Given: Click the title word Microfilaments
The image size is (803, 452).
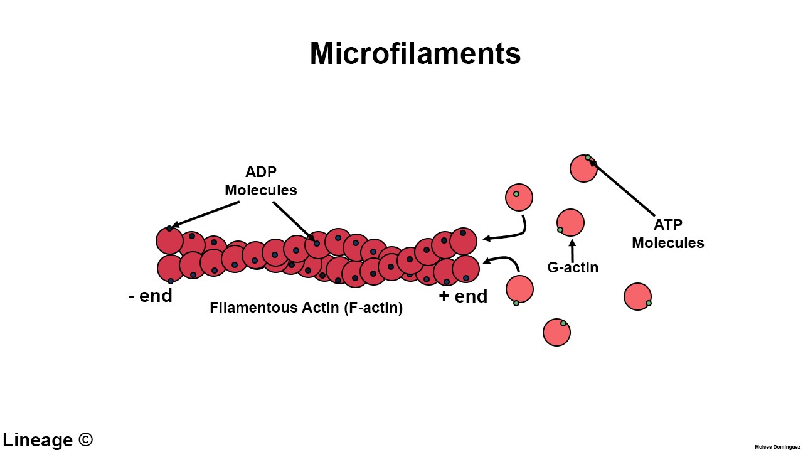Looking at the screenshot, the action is click(415, 54).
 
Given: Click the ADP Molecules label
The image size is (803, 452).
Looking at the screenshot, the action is click(260, 181).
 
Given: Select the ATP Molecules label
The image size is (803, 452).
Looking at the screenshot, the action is click(667, 234).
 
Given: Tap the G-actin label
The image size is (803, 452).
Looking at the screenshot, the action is click(573, 267).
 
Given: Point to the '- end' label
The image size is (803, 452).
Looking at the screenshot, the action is click(150, 296).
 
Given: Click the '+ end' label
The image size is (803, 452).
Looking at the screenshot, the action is click(463, 296).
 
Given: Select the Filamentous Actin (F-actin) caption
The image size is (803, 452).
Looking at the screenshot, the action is click(306, 308).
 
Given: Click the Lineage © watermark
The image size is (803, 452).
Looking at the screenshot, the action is click(48, 439).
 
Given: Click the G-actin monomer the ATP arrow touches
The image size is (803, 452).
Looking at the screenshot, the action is click(583, 168).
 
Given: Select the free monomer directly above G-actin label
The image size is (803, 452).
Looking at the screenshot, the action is click(570, 222).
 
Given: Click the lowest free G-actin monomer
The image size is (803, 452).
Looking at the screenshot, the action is click(556, 333).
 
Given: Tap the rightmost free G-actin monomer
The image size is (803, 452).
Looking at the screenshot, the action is click(637, 296).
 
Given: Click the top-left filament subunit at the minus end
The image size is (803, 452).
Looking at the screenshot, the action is click(169, 240).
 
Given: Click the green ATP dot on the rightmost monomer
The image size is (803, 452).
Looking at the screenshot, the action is click(649, 303).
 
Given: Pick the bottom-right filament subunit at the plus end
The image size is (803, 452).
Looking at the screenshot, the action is click(465, 269).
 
